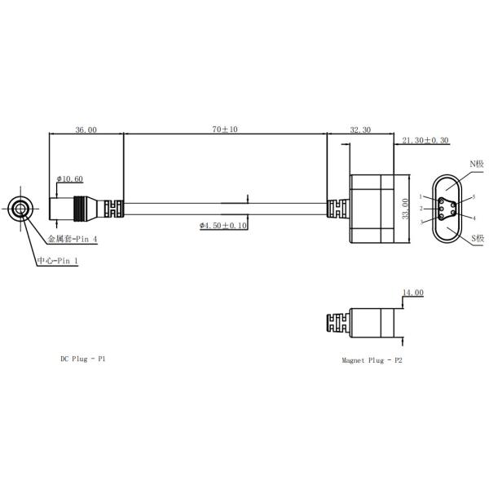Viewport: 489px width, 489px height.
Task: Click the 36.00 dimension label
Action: tap(86, 130)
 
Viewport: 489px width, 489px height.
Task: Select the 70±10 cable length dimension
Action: tap(225, 129)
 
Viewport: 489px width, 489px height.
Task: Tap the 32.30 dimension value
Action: tap(360, 130)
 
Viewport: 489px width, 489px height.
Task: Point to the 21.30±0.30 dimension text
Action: tap(425, 140)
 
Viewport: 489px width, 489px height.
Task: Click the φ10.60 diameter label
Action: tap(69, 178)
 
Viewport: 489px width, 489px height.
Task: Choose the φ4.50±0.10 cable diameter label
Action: tap(223, 225)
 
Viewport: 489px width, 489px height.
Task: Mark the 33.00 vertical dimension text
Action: tap(405, 209)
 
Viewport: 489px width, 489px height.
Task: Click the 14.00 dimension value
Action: tap(413, 293)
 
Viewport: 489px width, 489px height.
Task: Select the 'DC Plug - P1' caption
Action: tap(83, 359)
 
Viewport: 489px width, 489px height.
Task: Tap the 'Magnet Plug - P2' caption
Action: tap(372, 360)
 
